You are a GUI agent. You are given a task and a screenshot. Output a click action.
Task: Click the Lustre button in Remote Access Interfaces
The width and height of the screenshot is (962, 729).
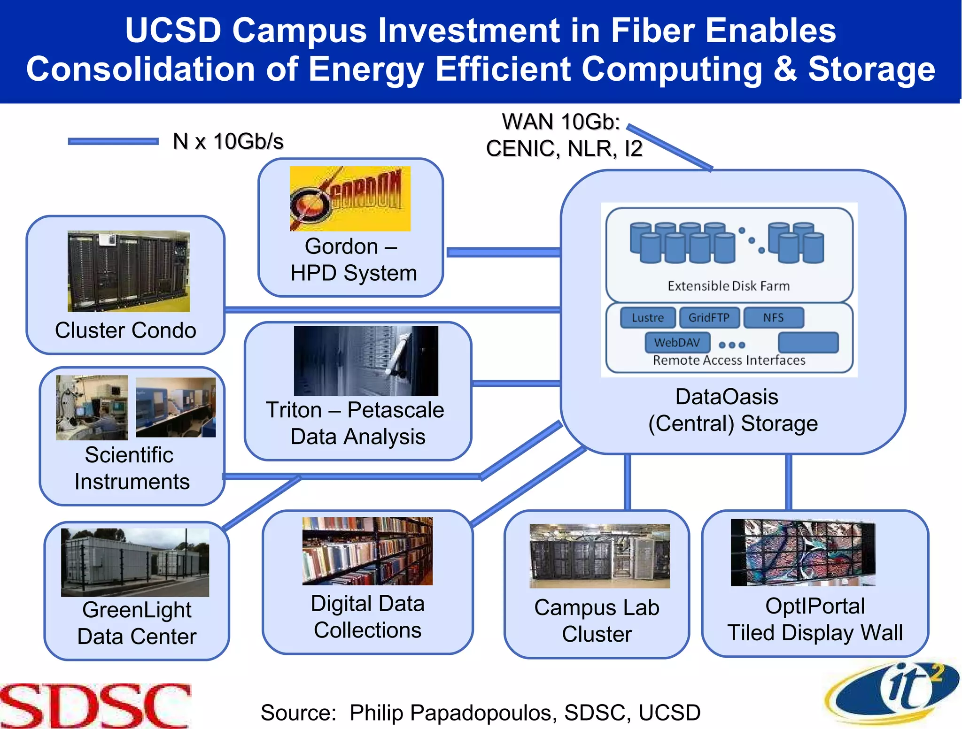tap(648, 318)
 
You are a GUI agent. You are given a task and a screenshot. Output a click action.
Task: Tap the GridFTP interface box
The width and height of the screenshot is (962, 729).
tap(709, 318)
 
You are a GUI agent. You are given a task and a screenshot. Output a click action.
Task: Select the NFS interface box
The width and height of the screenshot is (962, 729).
tap(773, 318)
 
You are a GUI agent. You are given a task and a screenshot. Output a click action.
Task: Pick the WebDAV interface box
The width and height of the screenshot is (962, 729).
tap(677, 343)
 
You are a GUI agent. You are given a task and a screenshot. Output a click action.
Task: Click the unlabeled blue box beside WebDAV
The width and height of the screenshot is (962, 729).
tap(808, 343)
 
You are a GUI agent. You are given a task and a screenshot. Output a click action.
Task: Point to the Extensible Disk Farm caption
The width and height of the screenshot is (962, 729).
tap(729, 286)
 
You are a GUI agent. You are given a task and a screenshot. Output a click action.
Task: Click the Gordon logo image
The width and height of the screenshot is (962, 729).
tap(350, 199)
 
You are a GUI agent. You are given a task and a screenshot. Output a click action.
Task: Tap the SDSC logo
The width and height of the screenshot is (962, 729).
tap(95, 706)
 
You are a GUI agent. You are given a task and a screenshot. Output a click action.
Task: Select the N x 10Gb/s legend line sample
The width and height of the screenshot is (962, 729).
tap(113, 141)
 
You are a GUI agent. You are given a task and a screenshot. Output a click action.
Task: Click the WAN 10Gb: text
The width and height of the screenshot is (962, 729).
tap(561, 122)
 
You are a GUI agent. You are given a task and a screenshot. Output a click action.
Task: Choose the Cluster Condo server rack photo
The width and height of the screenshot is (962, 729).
tap(129, 271)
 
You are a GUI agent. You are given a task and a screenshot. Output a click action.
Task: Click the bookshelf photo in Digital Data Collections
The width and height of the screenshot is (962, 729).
tap(367, 551)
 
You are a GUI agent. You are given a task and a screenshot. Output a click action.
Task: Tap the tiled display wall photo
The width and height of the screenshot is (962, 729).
tap(803, 553)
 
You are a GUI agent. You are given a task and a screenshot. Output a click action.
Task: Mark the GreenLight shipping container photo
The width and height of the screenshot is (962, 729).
tap(135, 562)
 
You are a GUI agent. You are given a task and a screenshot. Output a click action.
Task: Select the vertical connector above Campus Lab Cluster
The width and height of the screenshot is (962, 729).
tap(627, 482)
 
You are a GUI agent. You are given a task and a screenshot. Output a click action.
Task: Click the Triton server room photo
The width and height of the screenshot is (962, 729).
tap(366, 361)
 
